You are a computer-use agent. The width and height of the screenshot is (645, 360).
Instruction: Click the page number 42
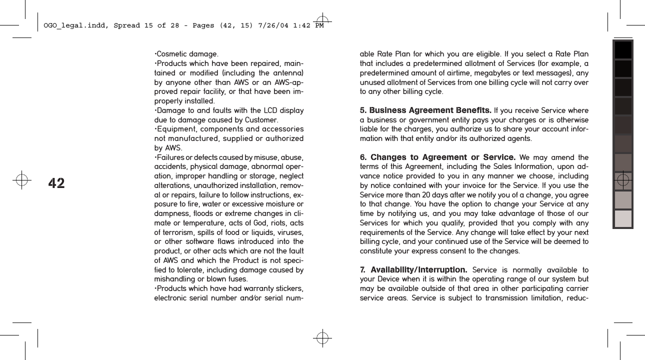pos(56,183)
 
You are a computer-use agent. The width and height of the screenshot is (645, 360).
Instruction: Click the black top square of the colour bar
pos(623,50)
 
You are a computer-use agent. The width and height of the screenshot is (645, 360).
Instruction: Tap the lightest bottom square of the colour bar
pos(623,218)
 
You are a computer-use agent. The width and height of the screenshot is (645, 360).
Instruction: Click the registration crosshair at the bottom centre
pos(322,338)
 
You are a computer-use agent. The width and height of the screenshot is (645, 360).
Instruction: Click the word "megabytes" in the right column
pos(489,72)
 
